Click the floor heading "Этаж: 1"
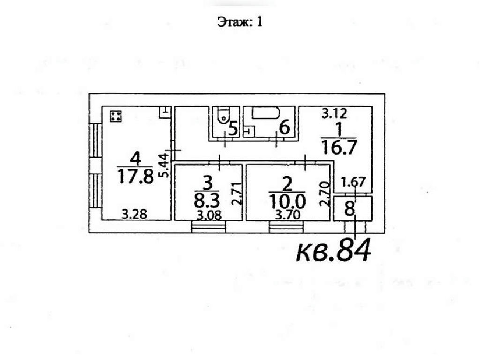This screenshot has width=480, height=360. point(240,22)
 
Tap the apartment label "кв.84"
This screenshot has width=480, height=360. point(333,250)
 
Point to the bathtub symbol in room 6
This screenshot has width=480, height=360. point(266,112)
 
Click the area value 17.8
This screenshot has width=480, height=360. point(135,177)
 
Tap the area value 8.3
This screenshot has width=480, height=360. point(207,201)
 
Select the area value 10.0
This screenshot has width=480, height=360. point(287,201)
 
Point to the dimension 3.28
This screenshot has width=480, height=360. point(134,214)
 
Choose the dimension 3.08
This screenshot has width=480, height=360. point(209,216)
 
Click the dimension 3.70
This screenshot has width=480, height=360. point(287,215)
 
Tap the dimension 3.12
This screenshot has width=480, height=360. point(334,113)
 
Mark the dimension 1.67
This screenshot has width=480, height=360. point(353,182)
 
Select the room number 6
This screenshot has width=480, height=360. point(285,127)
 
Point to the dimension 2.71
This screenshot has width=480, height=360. point(237,194)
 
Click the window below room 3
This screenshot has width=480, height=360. point(208,227)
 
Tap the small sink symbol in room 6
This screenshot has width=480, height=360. point(249,132)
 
